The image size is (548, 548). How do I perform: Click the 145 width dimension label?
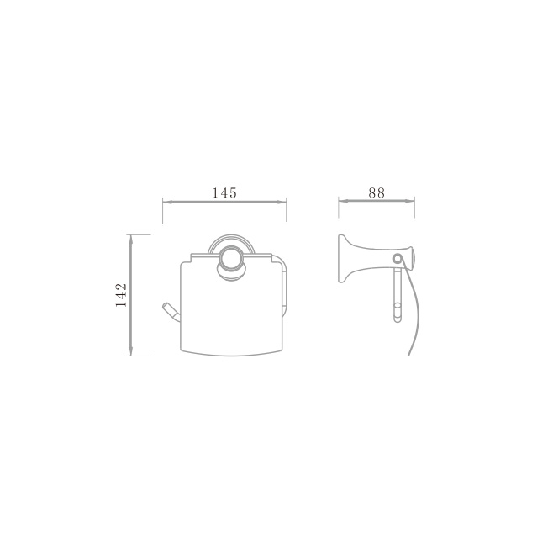point(224,193)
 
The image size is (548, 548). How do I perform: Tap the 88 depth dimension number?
point(377,193)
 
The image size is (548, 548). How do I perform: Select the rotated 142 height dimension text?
point(121,295)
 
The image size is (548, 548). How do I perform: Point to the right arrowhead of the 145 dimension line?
point(282,202)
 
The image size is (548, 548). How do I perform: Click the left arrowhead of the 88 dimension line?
point(343,201)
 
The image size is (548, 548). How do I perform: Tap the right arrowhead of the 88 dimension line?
point(410,201)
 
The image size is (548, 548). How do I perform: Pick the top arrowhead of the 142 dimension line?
point(131,239)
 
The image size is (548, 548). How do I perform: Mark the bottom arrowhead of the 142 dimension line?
point(131,351)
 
